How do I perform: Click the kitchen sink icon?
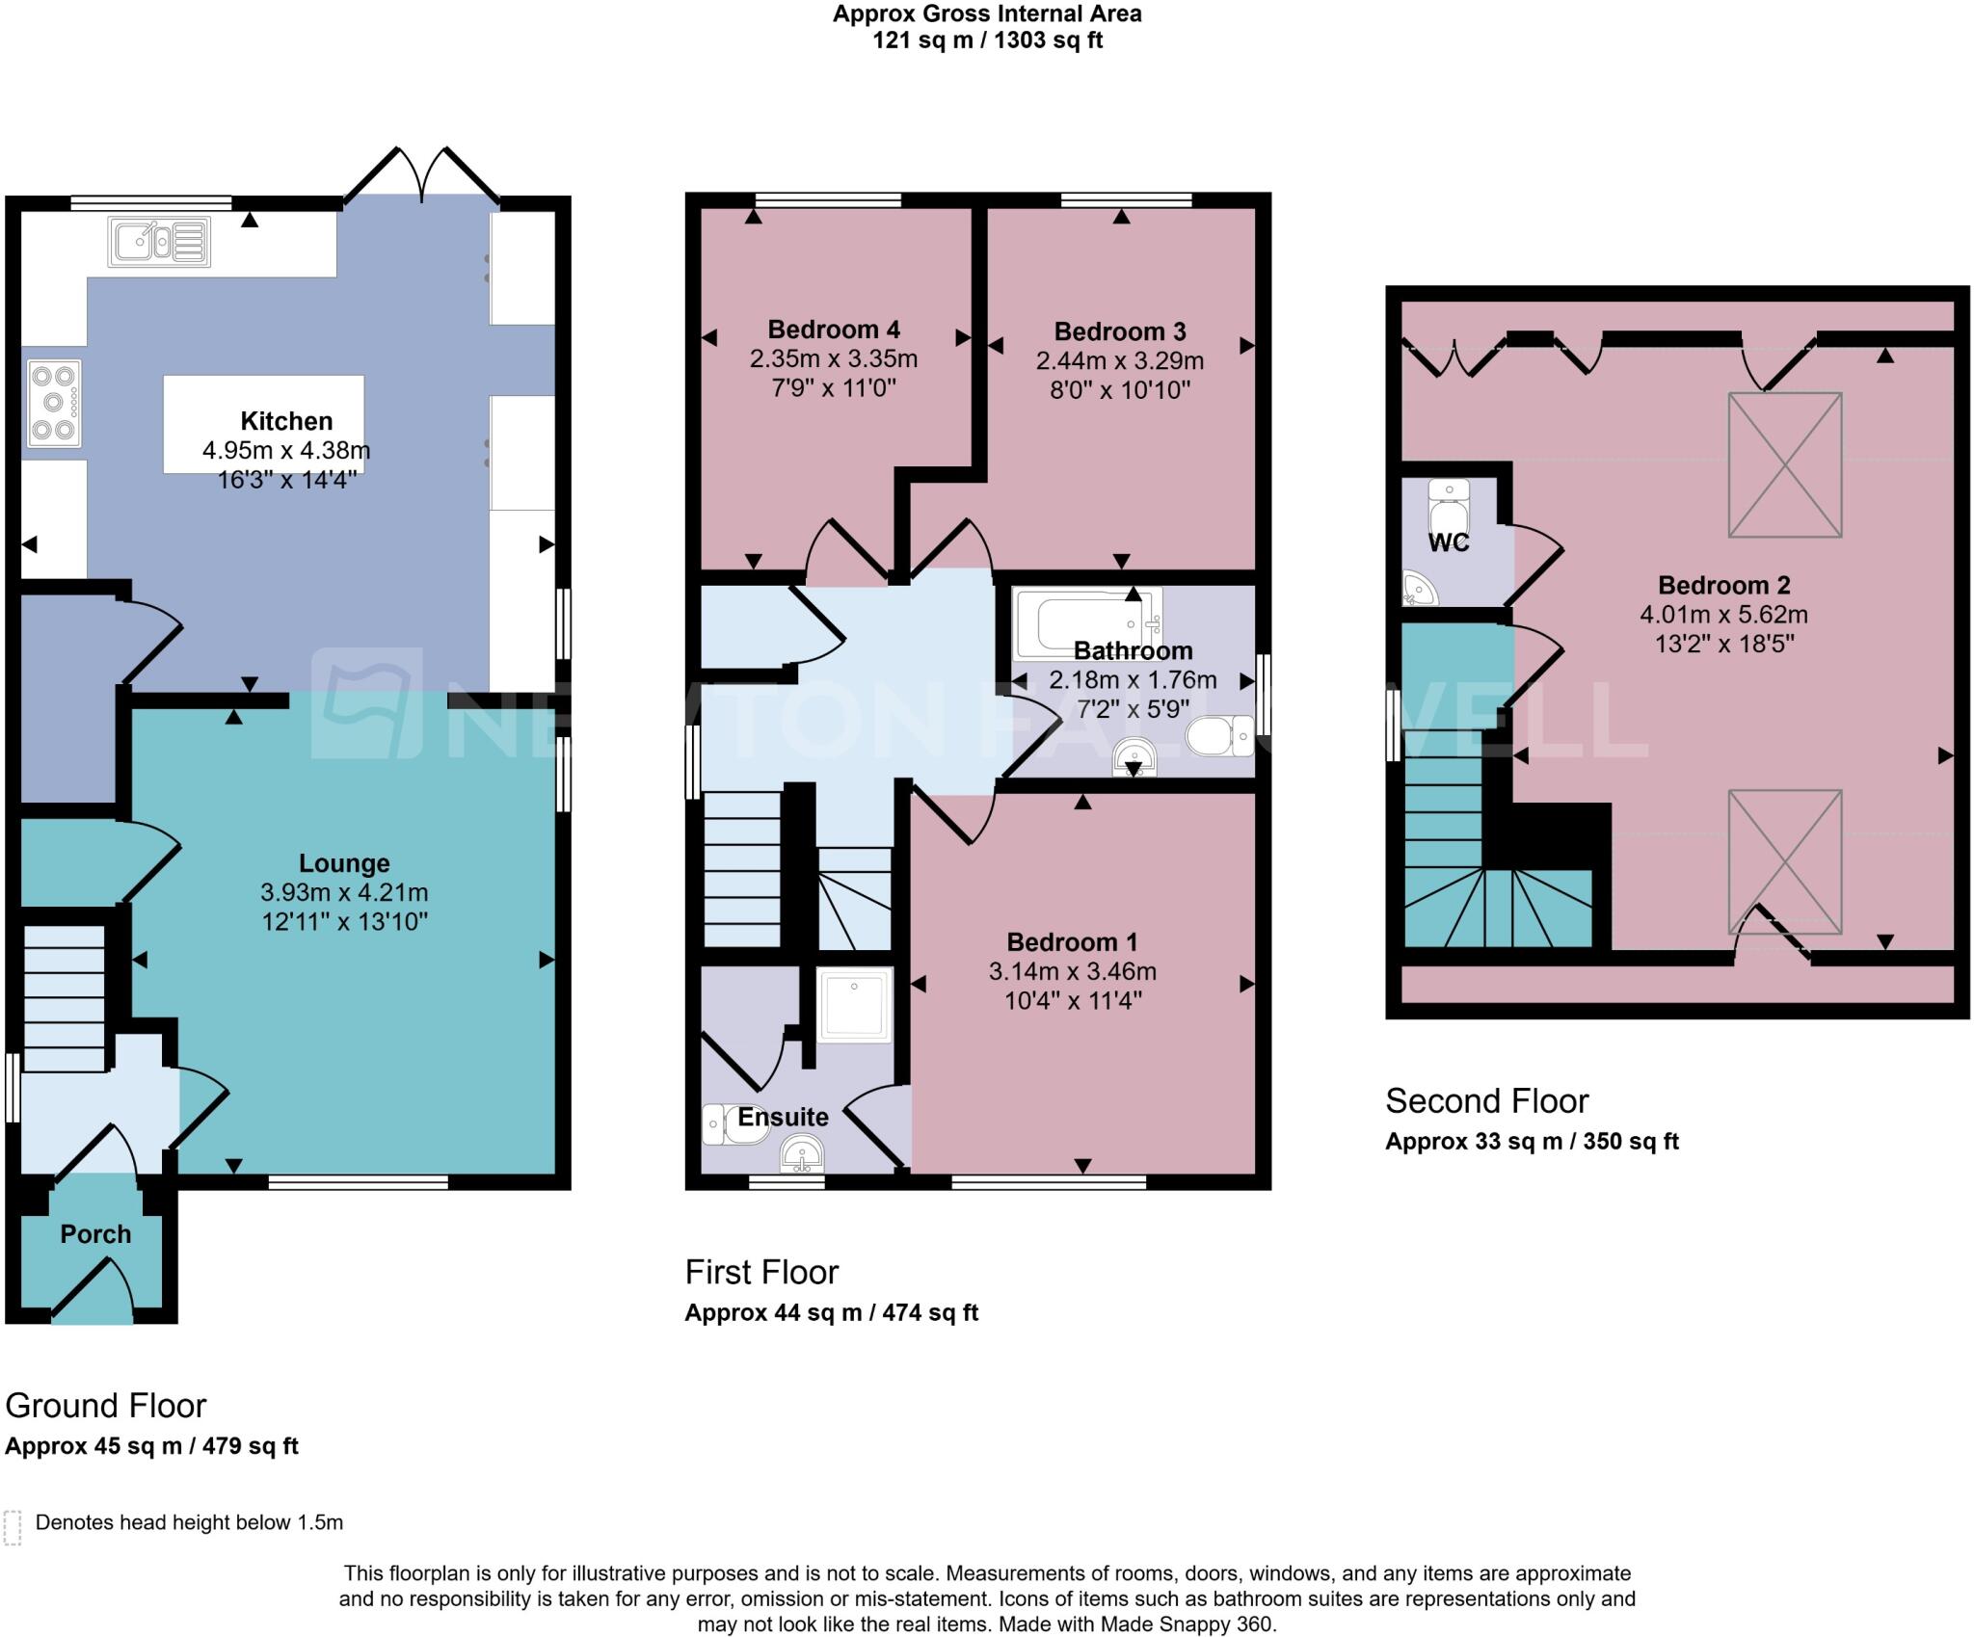click(160, 242)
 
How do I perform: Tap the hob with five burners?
click(54, 403)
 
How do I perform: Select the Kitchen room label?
click(286, 421)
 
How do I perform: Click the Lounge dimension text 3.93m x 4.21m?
click(344, 892)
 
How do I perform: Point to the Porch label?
click(95, 1234)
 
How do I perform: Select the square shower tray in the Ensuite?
click(854, 1006)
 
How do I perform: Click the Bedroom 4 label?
click(834, 330)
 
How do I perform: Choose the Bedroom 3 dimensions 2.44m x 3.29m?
click(1120, 361)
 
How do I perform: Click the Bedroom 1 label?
click(1072, 941)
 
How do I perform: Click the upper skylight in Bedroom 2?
click(1784, 464)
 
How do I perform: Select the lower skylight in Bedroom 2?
click(1784, 860)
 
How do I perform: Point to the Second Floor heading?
click(1486, 1100)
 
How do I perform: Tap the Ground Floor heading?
click(106, 1406)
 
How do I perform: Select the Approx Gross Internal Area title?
click(987, 14)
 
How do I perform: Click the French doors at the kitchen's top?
click(422, 173)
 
